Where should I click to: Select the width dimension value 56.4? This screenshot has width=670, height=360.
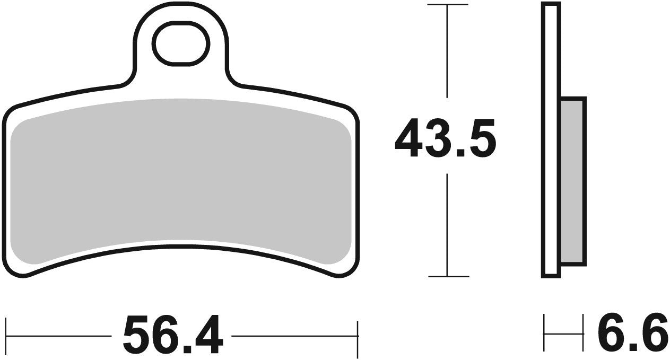pyautogui.click(x=172, y=335)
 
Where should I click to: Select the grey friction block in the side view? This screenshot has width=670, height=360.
pyautogui.click(x=573, y=180)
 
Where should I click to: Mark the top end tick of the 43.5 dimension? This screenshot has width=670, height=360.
pyautogui.click(x=448, y=5)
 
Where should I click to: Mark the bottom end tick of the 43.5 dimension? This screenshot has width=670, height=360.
pyautogui.click(x=448, y=276)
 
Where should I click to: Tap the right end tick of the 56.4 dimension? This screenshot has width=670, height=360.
pyautogui.click(x=359, y=336)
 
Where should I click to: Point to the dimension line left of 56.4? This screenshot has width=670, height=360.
pyautogui.click(x=58, y=336)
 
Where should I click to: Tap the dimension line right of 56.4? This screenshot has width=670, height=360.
pyautogui.click(x=295, y=336)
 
